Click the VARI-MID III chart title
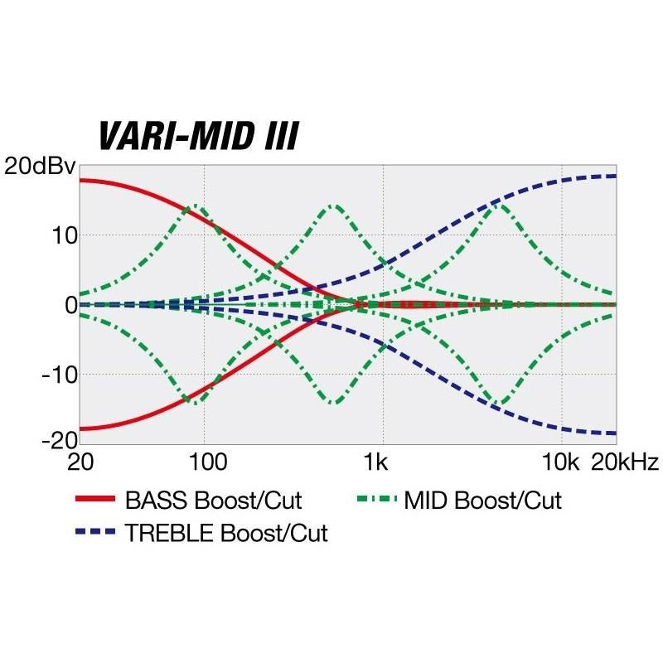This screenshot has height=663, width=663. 197,135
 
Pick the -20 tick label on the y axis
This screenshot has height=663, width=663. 56,440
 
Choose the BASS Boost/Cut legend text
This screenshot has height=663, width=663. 213,501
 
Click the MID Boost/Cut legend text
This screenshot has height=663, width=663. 483,501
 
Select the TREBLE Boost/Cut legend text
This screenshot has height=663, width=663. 226,533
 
